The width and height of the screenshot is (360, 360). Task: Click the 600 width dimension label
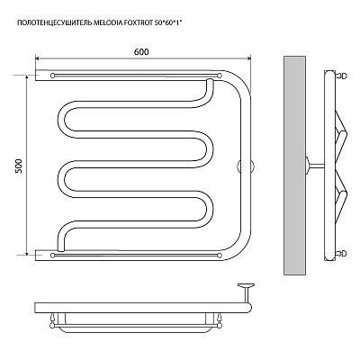coord(141,52)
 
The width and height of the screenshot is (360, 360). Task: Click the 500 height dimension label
coord(19,166)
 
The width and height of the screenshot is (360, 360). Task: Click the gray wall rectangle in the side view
coord(294,166)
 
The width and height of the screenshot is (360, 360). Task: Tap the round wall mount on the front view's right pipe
coord(246,166)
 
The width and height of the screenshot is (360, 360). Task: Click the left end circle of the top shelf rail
coord(53,76)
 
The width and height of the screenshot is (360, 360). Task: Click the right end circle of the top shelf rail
coord(220,76)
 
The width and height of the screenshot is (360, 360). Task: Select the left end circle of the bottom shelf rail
coord(53,256)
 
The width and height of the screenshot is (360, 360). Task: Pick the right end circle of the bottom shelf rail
coord(220,256)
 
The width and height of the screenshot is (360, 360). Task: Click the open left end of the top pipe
coord(36,76)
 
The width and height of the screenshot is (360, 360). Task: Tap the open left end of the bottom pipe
coord(36,256)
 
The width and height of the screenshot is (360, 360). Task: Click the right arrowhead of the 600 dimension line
coord(248,58)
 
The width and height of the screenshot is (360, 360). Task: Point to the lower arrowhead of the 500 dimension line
coord(27,253)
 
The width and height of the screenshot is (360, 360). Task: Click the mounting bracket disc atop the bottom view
coord(246,285)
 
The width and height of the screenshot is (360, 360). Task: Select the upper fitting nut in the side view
coord(342,76)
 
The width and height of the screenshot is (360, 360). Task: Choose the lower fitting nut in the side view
coord(342,254)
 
